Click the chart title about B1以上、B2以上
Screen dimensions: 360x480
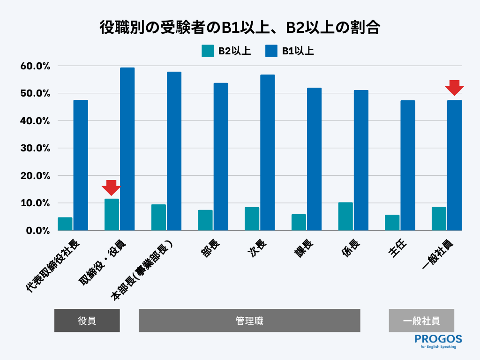click(240, 28)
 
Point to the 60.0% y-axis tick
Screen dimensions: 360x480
click(35, 66)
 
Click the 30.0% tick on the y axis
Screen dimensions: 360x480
click(35, 148)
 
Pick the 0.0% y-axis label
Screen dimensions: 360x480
click(38, 231)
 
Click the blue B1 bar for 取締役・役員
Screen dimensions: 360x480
click(127, 149)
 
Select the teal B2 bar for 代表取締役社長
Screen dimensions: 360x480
click(65, 224)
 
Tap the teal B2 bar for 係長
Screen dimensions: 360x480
click(345, 217)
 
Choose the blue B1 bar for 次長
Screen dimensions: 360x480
click(267, 152)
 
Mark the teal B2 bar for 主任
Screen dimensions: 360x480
click(392, 223)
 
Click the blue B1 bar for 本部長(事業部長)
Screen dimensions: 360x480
click(174, 151)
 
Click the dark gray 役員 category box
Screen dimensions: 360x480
click(87, 321)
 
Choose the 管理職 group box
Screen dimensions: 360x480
click(249, 321)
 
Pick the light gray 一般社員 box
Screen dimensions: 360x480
click(421, 321)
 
